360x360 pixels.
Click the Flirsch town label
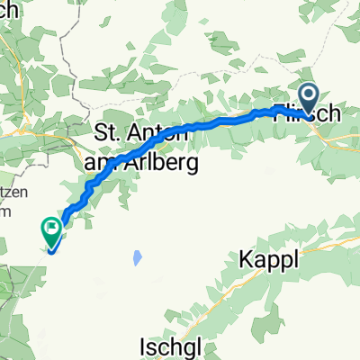(x=309, y=113)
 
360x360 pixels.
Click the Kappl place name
(x=267, y=260)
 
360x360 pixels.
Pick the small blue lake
(x=137, y=257)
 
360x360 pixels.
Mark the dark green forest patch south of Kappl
(x=270, y=297)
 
